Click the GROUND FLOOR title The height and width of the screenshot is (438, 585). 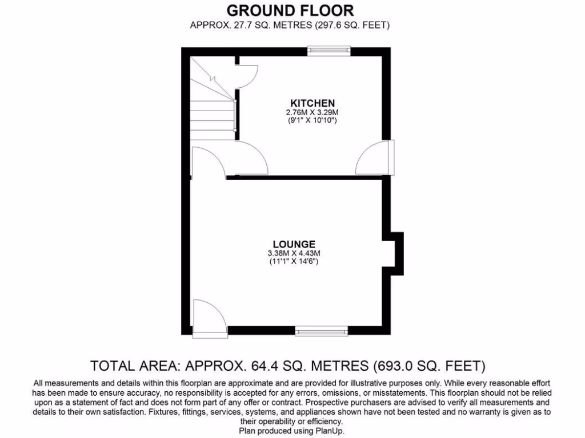click(x=290, y=10)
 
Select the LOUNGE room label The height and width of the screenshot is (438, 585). click(x=294, y=244)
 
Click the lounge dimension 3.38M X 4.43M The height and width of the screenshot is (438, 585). click(x=294, y=253)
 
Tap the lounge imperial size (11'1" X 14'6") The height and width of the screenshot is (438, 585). click(x=294, y=261)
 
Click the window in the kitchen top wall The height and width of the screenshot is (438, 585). click(x=328, y=51)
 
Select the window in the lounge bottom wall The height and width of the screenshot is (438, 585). click(x=321, y=330)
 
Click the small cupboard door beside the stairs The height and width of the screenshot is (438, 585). click(x=247, y=77)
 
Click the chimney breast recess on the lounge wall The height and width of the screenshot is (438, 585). click(x=394, y=251)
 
